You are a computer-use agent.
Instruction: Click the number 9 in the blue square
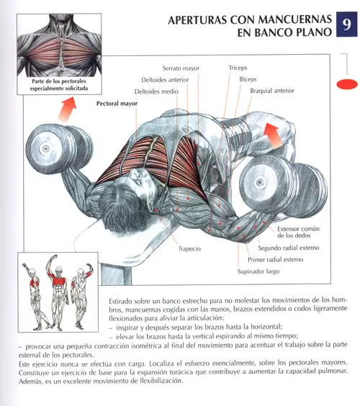[347, 24]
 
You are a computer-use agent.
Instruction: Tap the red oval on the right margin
[347, 84]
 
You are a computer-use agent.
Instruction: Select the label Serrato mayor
[181, 68]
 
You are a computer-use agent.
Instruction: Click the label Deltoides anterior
[165, 80]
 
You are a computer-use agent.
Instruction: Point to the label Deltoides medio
[156, 91]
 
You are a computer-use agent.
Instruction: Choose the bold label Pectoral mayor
[117, 104]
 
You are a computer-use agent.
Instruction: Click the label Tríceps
[238, 68]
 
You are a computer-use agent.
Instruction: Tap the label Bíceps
[248, 79]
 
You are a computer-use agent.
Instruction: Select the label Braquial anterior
[272, 91]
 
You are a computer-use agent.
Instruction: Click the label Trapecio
[189, 248]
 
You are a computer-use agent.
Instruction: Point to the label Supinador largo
[258, 271]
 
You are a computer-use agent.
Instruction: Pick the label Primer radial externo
[275, 259]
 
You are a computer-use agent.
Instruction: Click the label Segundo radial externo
[288, 248]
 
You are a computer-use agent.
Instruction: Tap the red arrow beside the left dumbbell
[67, 109]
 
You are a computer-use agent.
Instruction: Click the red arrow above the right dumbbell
[274, 135]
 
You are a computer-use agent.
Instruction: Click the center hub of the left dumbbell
[46, 149]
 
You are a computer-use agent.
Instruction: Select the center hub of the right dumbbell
[259, 183]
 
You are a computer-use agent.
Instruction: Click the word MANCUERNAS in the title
[295, 19]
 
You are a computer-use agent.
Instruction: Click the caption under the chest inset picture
[59, 85]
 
